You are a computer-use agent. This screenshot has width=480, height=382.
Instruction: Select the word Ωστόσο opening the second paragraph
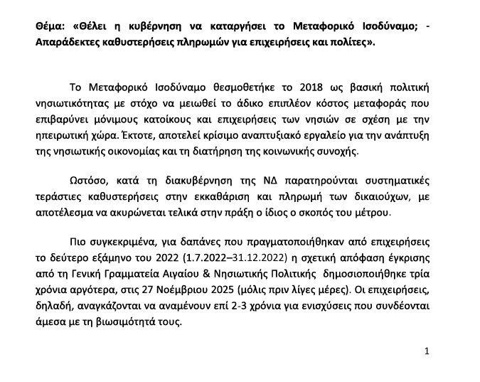tap(90, 181)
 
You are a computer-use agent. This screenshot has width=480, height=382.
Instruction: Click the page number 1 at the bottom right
tap(427, 351)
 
